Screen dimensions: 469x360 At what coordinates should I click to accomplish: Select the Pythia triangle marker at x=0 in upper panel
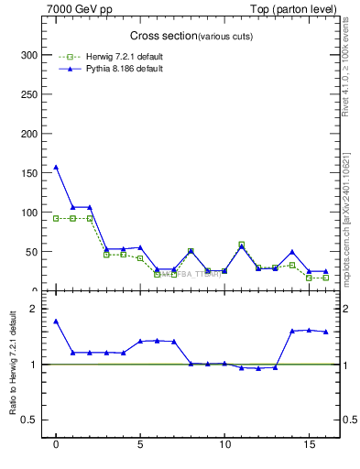click(56, 167)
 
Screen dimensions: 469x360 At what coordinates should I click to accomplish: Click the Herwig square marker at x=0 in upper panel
click(56, 218)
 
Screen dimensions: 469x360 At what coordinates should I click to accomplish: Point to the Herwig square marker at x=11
click(241, 244)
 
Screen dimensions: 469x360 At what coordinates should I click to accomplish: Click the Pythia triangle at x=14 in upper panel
click(292, 251)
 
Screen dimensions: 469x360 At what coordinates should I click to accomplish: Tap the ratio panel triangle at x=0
click(56, 321)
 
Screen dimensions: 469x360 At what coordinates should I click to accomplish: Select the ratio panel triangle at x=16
click(325, 332)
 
